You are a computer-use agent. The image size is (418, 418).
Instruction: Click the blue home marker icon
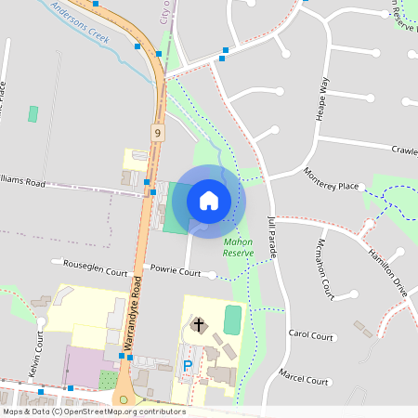[x=209, y=200]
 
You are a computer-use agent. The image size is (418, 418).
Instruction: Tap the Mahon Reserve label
[x=238, y=246]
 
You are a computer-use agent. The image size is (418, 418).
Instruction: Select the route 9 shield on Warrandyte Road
[x=158, y=134]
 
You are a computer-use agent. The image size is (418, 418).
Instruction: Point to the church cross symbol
[x=197, y=324]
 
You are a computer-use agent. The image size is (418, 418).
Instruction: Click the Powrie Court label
[x=176, y=273]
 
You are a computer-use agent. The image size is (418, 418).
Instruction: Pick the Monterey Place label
[x=331, y=178]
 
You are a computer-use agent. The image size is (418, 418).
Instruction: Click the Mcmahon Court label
[x=325, y=268]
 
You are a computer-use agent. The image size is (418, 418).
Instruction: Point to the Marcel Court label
[x=304, y=380]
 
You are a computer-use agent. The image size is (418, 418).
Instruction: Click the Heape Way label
[x=324, y=98]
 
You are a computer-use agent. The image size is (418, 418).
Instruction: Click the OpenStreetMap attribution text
[x=93, y=411]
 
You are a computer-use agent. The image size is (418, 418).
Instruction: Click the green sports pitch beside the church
[x=232, y=320]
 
